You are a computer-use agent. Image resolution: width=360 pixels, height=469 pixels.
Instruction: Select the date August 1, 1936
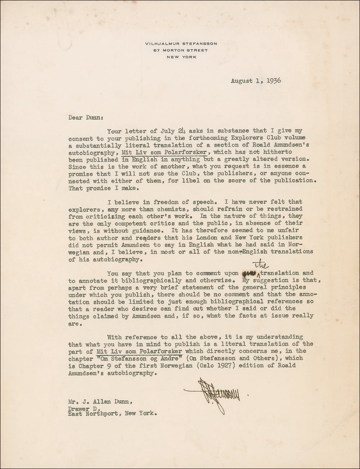click(x=256, y=81)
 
